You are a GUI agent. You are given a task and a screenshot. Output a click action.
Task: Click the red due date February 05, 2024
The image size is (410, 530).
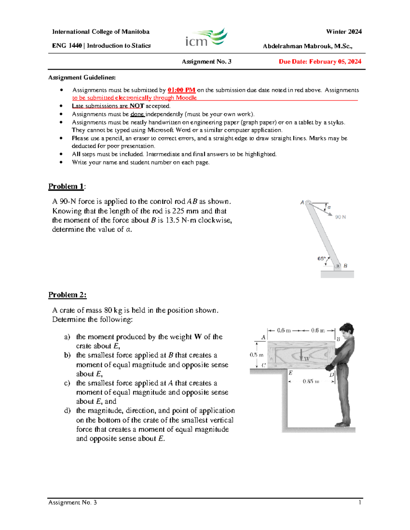click(320, 62)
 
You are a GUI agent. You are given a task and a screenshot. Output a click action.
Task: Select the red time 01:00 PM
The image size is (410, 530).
click(181, 90)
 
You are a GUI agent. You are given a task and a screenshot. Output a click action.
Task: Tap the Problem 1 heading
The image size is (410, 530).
click(66, 186)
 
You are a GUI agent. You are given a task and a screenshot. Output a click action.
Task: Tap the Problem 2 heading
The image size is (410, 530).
click(67, 295)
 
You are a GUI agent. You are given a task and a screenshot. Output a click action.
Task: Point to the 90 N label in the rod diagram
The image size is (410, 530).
click(340, 217)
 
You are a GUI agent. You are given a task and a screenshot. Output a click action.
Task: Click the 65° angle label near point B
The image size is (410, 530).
click(322, 259)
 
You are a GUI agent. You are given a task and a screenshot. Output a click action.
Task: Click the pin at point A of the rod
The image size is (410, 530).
click(308, 203)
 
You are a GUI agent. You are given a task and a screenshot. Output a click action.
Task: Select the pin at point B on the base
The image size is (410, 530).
click(337, 266)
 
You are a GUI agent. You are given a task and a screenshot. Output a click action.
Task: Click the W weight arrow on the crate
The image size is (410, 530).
click(301, 355)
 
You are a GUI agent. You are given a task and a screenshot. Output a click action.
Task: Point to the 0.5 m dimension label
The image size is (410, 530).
click(257, 355)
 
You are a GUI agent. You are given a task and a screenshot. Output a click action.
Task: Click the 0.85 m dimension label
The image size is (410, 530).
click(311, 382)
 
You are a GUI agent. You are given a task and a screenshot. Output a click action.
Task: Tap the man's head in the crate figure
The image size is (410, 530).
click(347, 329)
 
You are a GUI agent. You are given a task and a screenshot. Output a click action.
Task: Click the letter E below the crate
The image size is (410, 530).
click(290, 373)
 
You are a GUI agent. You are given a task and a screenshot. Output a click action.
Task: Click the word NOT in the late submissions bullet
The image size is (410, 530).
click(137, 106)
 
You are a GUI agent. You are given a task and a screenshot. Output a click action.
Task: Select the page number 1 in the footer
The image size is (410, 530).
click(360, 502)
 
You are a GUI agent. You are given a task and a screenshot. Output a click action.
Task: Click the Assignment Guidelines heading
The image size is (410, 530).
click(82, 77)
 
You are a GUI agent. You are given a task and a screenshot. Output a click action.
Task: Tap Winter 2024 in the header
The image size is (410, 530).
click(344, 32)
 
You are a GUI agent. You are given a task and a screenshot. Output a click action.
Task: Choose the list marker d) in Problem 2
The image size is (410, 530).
click(67, 411)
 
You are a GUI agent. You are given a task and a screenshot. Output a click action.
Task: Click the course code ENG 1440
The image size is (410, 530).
click(67, 46)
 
